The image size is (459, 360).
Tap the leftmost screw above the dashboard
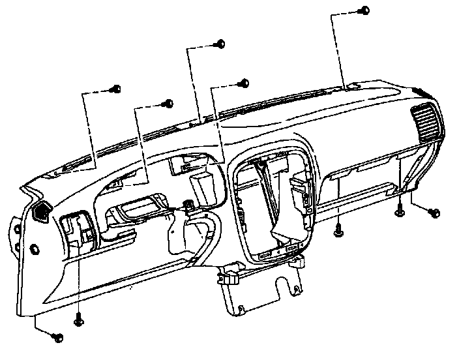coord(117,87)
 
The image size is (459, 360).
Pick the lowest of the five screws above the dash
coord(169,103)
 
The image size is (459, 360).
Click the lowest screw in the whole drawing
coord(56,337)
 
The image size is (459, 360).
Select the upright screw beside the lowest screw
coord(79,320)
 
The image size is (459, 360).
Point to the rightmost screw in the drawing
coord(435,213)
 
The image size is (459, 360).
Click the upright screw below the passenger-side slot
coord(338,230)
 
